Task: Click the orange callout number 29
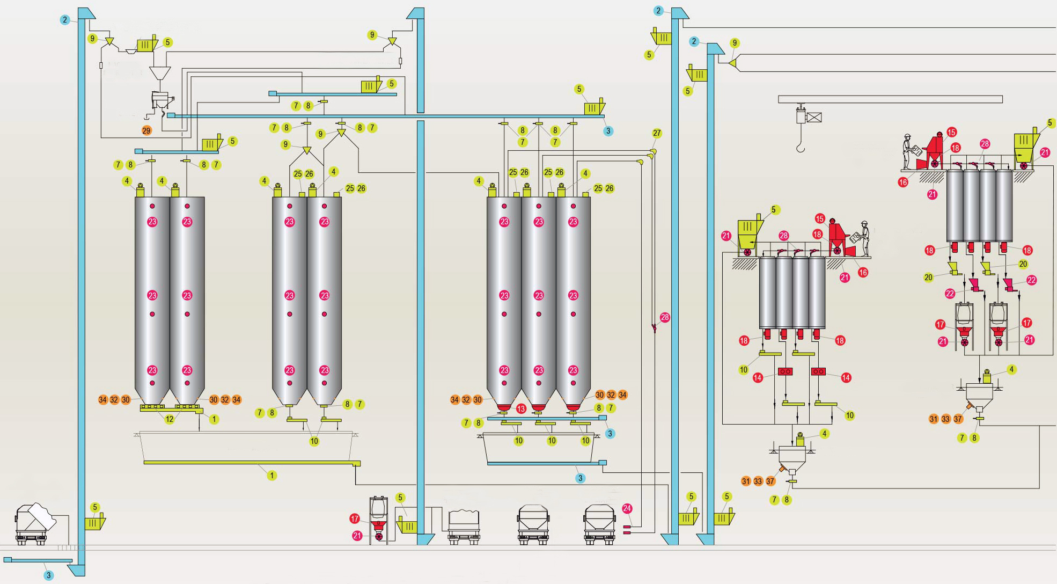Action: (x=146, y=130)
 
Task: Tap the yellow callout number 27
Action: (x=657, y=133)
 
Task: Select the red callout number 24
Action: (x=627, y=508)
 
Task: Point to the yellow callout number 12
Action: (x=170, y=419)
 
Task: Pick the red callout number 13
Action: (x=521, y=409)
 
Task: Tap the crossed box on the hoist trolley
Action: (x=814, y=117)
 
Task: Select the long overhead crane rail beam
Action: (x=890, y=99)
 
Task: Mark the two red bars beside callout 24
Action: (x=626, y=530)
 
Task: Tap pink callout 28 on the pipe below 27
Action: (x=665, y=317)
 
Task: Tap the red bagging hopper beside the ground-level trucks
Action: (x=379, y=523)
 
